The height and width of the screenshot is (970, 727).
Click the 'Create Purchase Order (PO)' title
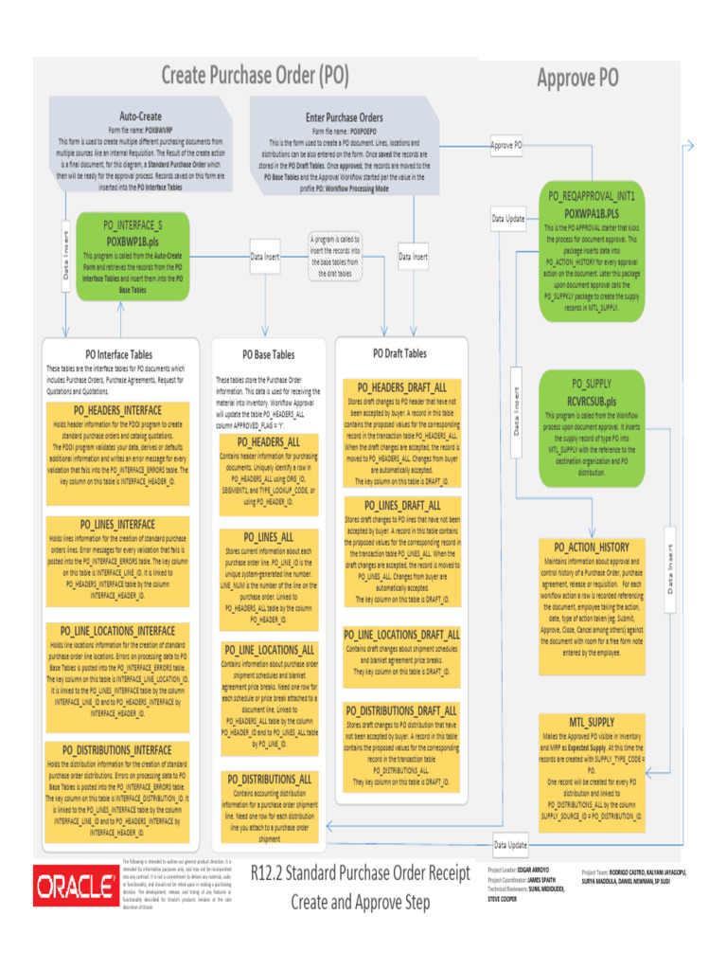[255, 75]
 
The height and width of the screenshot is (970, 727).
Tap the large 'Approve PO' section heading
[577, 78]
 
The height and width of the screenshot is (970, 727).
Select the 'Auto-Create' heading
[140, 116]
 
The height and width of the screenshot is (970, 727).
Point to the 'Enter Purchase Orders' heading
[344, 117]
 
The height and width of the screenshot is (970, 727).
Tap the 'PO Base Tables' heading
[269, 354]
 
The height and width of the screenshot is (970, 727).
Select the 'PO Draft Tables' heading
[401, 353]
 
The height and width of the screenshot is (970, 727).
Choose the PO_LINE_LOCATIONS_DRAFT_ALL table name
[401, 635]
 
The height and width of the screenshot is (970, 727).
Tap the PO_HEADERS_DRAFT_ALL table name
[401, 387]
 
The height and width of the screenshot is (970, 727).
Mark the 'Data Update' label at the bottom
[510, 844]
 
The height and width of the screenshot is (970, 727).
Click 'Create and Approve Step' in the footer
[360, 902]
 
